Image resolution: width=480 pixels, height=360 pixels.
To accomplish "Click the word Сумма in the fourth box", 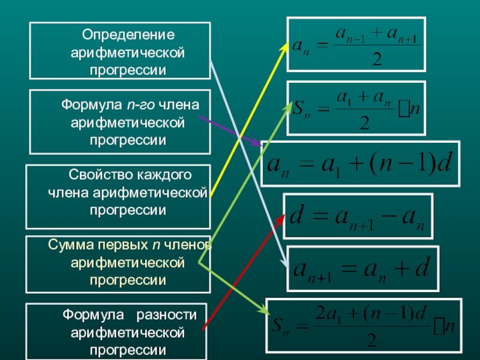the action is (65, 246).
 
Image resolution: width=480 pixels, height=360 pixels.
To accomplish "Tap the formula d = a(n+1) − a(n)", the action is (357, 215).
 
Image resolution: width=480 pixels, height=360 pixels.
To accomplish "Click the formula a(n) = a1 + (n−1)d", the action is (360, 163).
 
